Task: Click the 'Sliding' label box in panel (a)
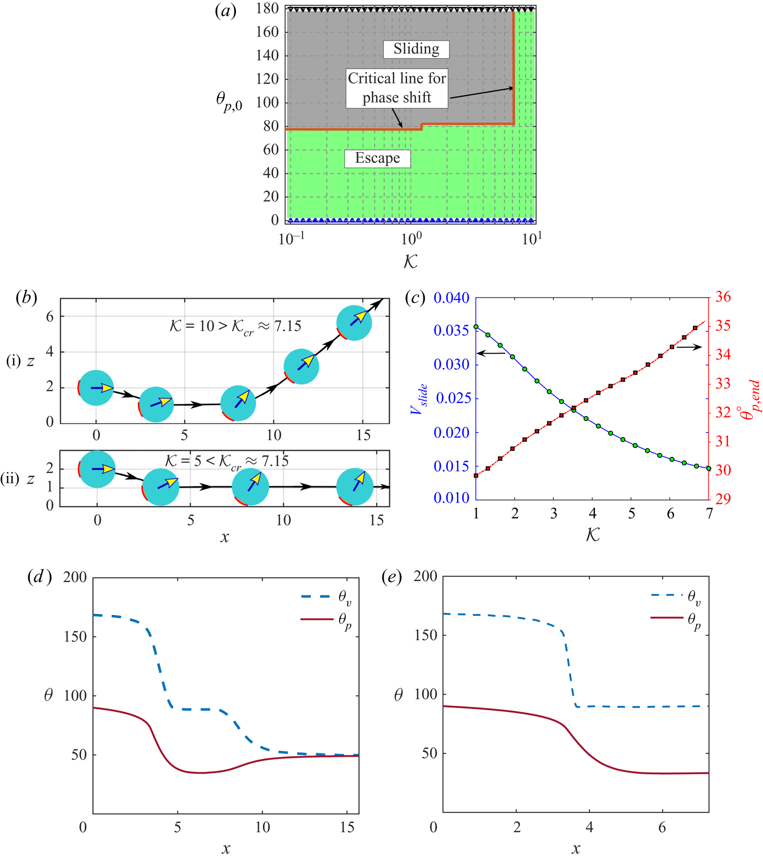pos(416,49)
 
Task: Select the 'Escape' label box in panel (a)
pos(377,158)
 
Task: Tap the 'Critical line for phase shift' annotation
pos(397,88)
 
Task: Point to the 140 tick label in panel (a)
pos(267,56)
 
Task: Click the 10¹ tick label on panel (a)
pos(531,238)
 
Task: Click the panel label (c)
pos(415,298)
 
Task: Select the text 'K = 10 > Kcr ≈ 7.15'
pos(235,326)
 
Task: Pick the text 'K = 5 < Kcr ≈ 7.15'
pos(226,461)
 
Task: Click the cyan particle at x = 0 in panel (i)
pos(96,388)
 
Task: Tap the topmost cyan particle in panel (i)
pos(354,323)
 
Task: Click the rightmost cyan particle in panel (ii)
pos(355,487)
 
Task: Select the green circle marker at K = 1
pos(476,327)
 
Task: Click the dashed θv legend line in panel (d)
pos(316,596)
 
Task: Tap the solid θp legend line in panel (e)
pos(666,618)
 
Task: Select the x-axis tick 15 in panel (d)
pos(348,827)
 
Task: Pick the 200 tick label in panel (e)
pos(425,576)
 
